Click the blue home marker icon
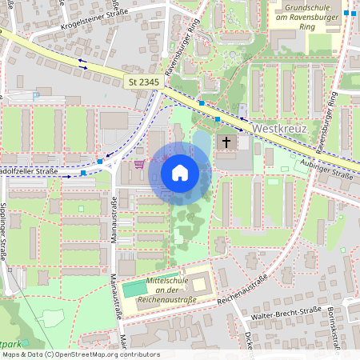(180, 172)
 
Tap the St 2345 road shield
(143, 82)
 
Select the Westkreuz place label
(279, 128)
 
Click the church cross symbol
(226, 142)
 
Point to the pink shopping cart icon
(141, 164)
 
